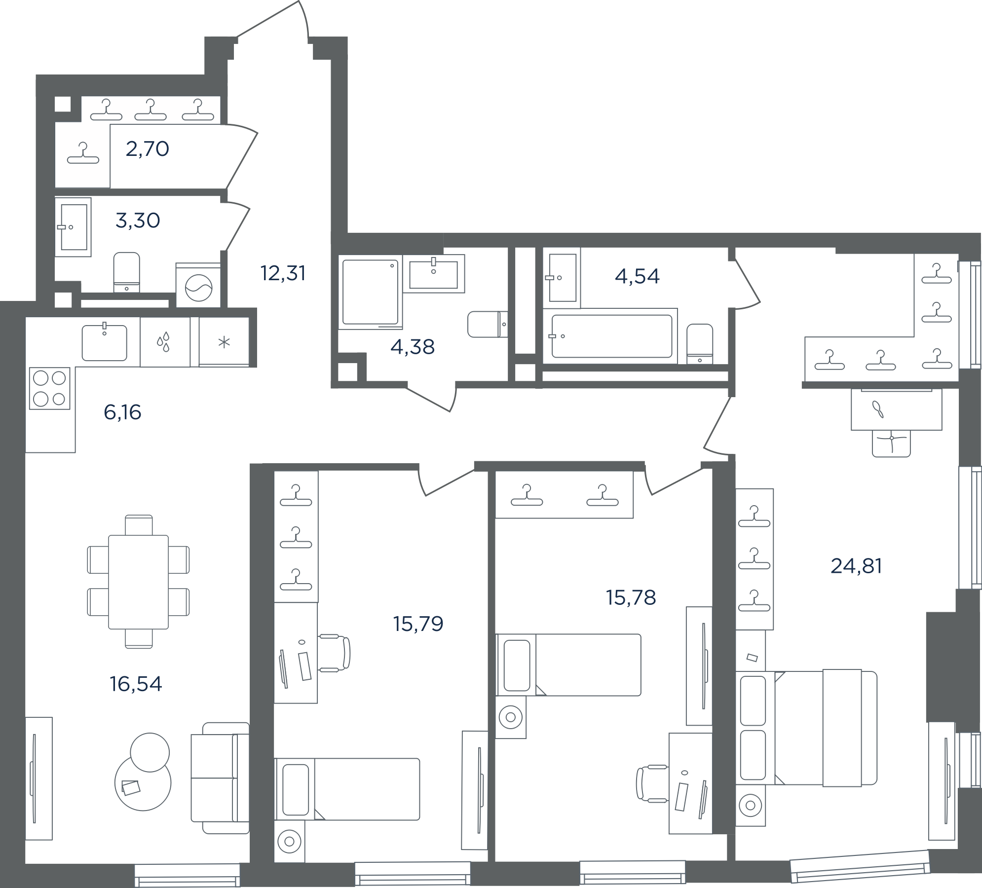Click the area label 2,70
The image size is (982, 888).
[x=148, y=148]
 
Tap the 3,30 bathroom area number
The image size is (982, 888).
[x=138, y=221]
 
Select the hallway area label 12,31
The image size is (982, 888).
[x=283, y=273]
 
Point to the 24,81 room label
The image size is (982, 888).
[x=856, y=566]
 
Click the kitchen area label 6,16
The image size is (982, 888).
[x=122, y=412]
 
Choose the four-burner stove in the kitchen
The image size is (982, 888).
[x=49, y=388]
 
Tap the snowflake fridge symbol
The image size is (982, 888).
[x=224, y=342]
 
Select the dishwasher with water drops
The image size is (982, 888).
[x=165, y=342]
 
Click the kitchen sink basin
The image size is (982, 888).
[x=104, y=342]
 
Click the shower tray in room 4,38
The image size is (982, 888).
[x=370, y=293]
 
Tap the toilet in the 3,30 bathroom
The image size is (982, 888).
[x=127, y=272]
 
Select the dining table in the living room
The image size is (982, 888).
[x=138, y=582]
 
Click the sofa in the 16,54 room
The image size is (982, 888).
[x=220, y=778]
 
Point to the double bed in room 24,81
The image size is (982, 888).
[x=806, y=728]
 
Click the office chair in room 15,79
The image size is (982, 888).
[x=334, y=653]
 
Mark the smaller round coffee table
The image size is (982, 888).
[x=150, y=752]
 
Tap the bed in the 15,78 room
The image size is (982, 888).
[x=568, y=665]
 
